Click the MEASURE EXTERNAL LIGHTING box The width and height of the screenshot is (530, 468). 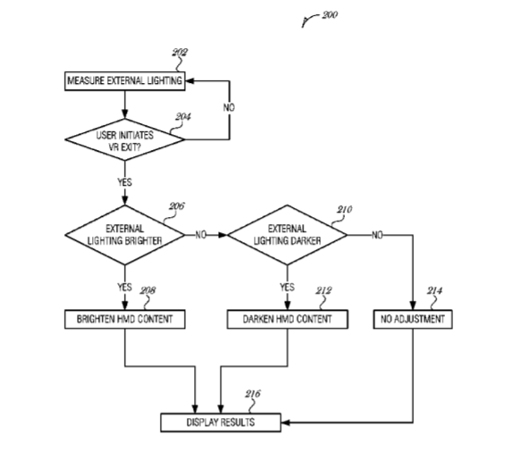click(x=125, y=81)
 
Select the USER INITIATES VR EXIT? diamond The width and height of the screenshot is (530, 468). click(x=125, y=139)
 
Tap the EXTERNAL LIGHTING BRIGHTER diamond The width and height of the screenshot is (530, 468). click(x=125, y=235)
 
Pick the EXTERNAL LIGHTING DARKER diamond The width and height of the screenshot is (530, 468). click(x=287, y=235)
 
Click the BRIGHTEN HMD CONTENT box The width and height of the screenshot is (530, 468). click(x=125, y=319)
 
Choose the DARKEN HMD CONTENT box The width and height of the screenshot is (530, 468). click(x=287, y=319)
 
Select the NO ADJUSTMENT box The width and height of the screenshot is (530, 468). click(x=413, y=319)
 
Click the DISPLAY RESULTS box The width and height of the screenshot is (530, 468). click(x=221, y=422)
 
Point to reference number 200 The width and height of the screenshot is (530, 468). click(x=330, y=15)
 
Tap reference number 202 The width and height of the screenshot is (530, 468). click(x=180, y=53)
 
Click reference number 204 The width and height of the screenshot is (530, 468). click(x=183, y=116)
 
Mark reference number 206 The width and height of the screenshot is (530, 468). click(x=177, y=206)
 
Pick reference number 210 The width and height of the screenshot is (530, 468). click(x=344, y=209)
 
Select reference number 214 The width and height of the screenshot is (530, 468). click(x=434, y=290)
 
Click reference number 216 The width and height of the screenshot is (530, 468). click(x=253, y=394)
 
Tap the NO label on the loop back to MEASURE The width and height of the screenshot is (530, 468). click(x=229, y=107)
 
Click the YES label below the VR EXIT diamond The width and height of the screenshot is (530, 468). click(x=125, y=182)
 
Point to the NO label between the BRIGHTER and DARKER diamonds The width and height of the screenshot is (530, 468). click(x=201, y=235)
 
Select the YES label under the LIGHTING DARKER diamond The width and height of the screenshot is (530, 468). click(x=287, y=287)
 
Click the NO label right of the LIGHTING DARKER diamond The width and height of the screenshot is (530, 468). click(x=377, y=235)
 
